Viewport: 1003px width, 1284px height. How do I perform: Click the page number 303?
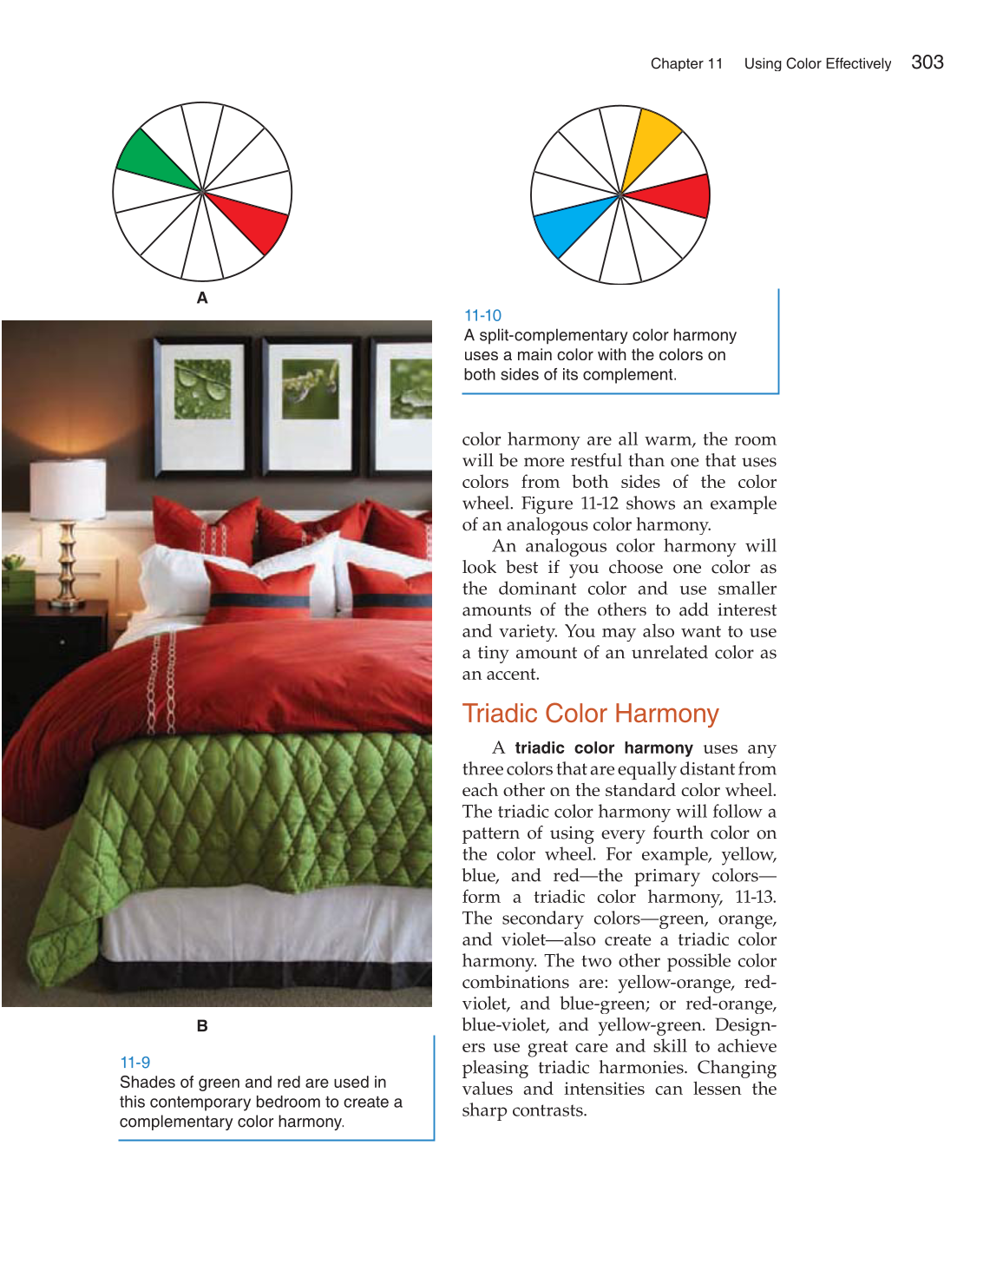[927, 63]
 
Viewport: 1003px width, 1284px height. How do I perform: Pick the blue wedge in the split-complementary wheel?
[568, 227]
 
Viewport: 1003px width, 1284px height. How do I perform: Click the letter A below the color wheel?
[202, 298]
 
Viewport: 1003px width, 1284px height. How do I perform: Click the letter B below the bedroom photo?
[202, 1026]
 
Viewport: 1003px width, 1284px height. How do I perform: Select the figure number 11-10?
[482, 316]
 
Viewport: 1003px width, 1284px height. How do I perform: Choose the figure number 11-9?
[134, 1063]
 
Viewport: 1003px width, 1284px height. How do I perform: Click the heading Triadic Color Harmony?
[590, 714]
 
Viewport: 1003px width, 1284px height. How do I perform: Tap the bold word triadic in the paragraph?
[540, 748]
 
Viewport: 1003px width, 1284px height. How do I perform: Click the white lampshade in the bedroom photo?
[68, 489]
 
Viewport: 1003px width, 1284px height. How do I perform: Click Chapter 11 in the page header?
[686, 63]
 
